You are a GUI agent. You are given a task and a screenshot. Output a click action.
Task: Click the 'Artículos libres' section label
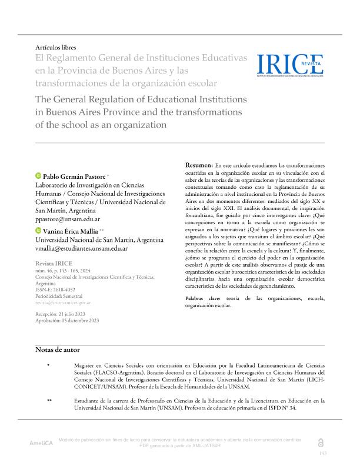(x=56, y=47)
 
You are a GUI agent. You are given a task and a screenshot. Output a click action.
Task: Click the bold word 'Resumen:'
(x=199, y=165)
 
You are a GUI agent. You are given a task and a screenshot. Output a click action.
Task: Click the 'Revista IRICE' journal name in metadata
(x=55, y=264)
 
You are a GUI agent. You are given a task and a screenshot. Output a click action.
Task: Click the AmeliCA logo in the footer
(x=41, y=442)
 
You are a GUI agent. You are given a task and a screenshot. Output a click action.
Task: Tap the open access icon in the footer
(x=320, y=442)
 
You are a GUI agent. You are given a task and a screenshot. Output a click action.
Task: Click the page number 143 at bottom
(x=322, y=453)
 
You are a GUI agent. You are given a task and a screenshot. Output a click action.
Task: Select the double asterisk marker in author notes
(x=49, y=401)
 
